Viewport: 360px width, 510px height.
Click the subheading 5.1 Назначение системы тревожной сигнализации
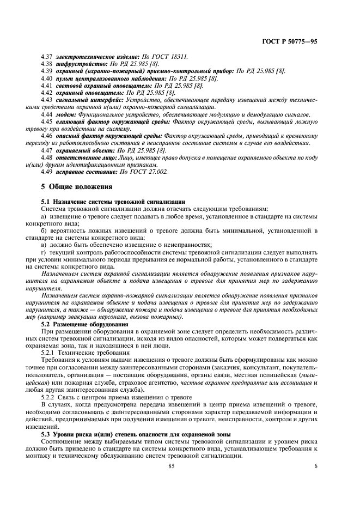[x=113, y=201]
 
